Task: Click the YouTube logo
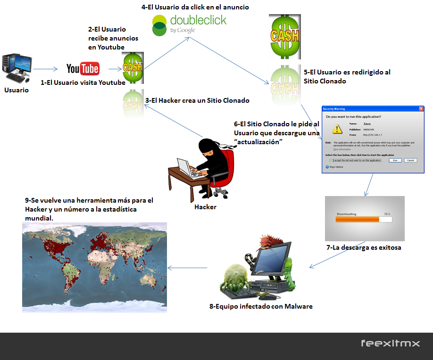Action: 83,69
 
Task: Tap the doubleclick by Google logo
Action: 189,25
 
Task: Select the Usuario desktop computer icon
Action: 17,68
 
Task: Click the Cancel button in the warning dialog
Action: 410,160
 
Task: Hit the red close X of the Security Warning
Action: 421,108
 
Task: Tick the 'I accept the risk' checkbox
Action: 331,160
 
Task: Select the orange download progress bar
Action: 357,219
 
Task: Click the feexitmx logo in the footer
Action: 390,344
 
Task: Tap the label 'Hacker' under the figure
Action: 205,207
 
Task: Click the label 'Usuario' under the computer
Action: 17,90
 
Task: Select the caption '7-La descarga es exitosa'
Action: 364,247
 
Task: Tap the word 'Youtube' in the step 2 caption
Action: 113,47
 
